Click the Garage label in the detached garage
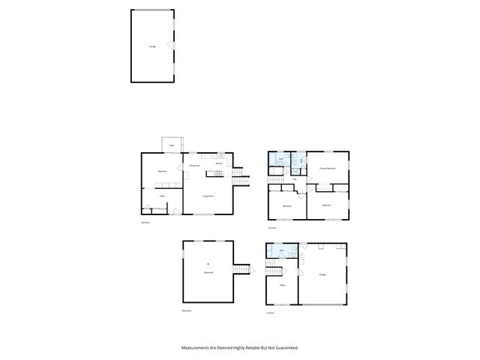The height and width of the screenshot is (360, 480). click(x=152, y=46)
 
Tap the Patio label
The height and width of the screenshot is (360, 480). click(x=171, y=145)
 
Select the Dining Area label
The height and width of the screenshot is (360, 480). click(x=193, y=164)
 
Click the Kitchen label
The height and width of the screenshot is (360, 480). click(x=219, y=163)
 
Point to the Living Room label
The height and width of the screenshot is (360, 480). click(x=208, y=196)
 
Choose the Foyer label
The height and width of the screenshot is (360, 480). click(x=161, y=196)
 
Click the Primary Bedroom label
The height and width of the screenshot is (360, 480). click(x=327, y=169)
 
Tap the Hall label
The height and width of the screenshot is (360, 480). click(x=294, y=179)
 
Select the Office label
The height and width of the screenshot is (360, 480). click(x=282, y=286)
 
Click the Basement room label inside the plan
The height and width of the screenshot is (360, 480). click(x=208, y=272)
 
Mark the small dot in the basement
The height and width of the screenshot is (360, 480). click(x=208, y=264)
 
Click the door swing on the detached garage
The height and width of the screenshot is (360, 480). click(x=171, y=46)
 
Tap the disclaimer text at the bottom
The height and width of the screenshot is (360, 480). click(x=240, y=347)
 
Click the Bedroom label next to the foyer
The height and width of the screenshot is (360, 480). click(x=161, y=172)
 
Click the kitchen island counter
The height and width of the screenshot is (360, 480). click(x=216, y=175)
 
